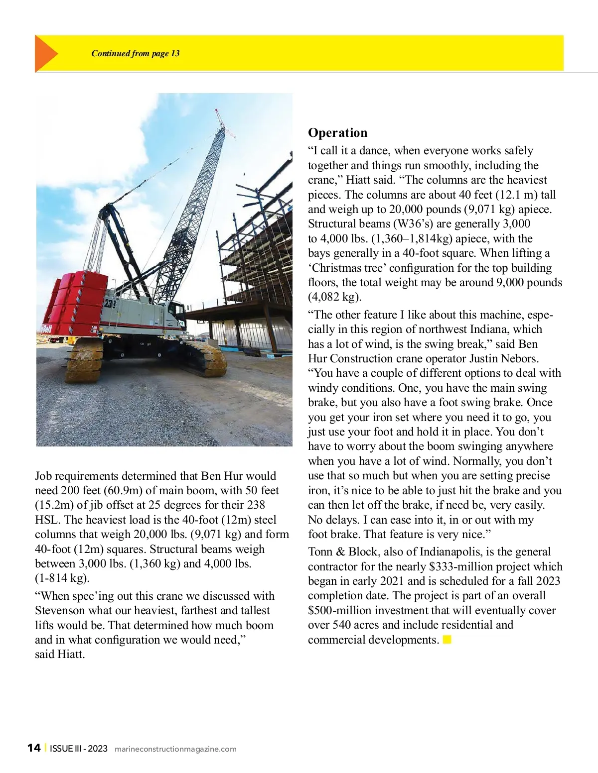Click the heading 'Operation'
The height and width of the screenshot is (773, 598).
[x=337, y=133]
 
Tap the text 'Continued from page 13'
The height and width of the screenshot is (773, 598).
[x=136, y=54]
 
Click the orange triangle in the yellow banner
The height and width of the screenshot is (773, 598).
[x=45, y=54]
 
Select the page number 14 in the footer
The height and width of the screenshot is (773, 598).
[x=34, y=748]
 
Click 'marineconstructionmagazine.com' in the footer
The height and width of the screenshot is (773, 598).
[x=175, y=749]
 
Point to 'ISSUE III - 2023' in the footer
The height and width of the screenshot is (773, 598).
[x=79, y=749]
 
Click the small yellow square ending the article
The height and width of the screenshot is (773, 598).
[x=447, y=640]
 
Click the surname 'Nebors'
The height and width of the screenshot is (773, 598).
[x=521, y=358]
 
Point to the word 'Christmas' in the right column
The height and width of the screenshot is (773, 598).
[x=337, y=268]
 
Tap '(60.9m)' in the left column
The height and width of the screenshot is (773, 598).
[x=123, y=490]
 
